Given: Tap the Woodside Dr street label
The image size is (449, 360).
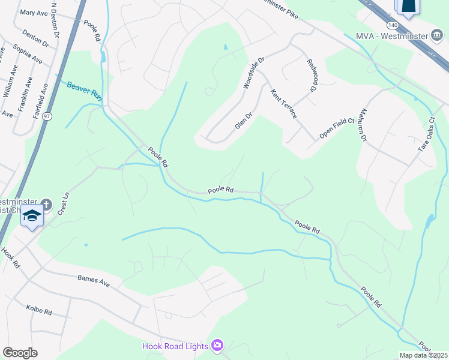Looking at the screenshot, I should pos(253,73).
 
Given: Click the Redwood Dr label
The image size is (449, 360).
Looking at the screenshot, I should pos(311,76).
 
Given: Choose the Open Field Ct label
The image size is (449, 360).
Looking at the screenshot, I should pos(337,129).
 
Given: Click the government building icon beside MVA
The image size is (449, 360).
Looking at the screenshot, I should pos(437,35).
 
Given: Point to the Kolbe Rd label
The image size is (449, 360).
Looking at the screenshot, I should pos(39,311).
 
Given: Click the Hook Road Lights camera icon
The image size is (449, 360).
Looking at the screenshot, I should pos(217,346).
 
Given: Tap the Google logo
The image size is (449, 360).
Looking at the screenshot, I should pos(19,353).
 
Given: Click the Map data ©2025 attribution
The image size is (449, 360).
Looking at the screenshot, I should pos(423,355).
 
